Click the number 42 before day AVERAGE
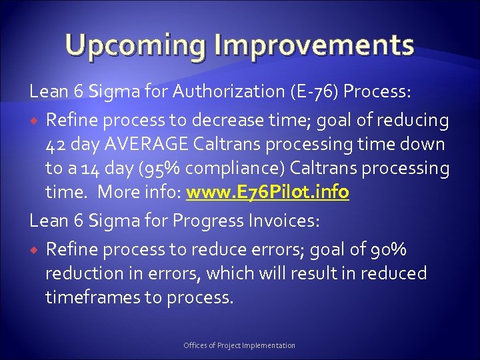[56, 144]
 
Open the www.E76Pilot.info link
[267, 193]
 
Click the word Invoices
[289, 221]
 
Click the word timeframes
[92, 297]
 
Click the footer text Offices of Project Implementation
[239, 345]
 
